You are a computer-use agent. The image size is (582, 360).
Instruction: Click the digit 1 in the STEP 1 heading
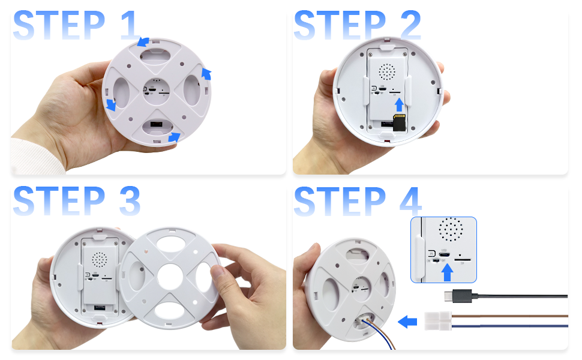click(130, 25)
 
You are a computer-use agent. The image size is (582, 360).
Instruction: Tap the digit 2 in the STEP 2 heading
click(410, 25)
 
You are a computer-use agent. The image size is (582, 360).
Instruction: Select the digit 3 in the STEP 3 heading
click(130, 201)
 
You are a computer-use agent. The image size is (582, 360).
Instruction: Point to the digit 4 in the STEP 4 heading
click(410, 201)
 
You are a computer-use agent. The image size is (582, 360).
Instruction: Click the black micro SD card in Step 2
click(400, 122)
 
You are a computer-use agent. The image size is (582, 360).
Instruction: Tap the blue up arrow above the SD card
click(399, 104)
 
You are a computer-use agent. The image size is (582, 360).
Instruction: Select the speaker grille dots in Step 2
click(387, 71)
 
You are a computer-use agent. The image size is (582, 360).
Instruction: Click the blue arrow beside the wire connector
click(407, 322)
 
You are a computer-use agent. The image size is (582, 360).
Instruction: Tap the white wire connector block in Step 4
click(438, 321)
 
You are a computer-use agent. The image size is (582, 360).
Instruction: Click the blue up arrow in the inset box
click(448, 272)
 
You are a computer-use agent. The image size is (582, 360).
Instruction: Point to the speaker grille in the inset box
click(451, 229)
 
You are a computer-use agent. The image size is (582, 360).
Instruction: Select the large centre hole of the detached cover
click(170, 277)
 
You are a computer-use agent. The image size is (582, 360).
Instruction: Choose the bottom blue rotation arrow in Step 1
click(174, 137)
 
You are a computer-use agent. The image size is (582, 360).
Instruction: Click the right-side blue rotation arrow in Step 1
click(206, 73)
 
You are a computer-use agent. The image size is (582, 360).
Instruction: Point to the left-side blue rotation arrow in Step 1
click(111, 105)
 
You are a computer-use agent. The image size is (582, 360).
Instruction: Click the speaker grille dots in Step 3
click(100, 260)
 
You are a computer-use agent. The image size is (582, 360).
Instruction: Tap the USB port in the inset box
click(445, 254)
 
